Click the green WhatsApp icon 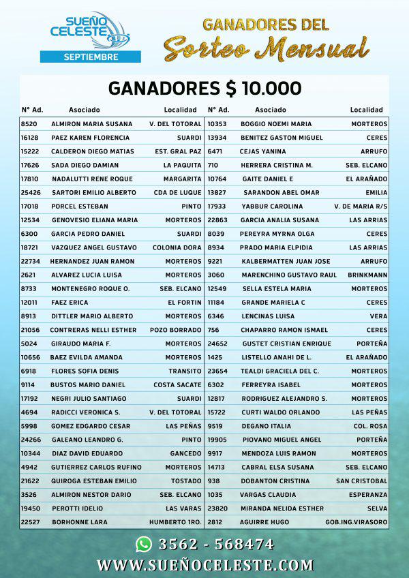pos(143,543)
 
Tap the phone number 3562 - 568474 pos(216,544)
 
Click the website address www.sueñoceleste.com pos(205,565)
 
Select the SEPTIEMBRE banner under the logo pos(91,57)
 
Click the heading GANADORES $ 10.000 pos(204,89)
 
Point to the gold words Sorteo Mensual pos(266,48)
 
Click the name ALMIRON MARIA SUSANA pos(92,124)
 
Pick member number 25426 pos(30,192)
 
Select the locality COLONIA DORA pos(177,247)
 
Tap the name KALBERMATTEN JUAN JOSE pos(285,261)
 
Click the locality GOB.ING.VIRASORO pos(357,522)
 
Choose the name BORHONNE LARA pos(79,522)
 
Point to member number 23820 pos(217,508)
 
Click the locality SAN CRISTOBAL pos(361,481)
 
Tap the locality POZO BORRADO pos(176,330)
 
